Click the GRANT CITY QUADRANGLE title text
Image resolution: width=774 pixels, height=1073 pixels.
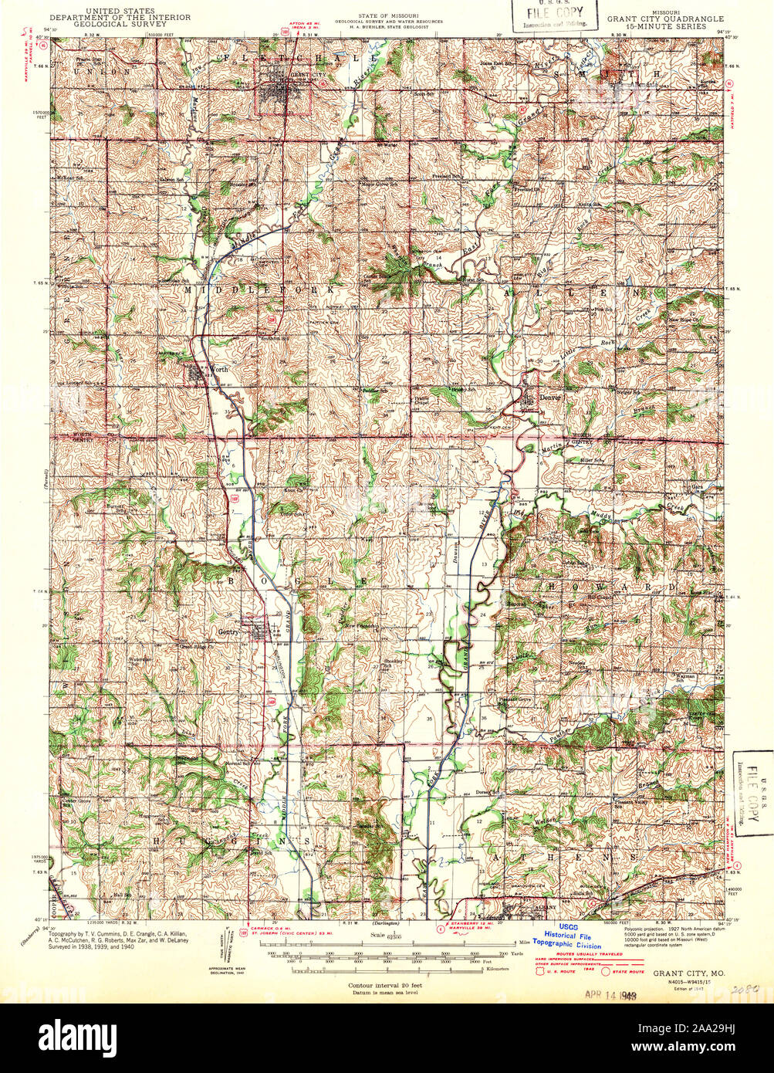(665, 19)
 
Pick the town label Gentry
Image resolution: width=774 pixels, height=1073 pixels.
(228, 631)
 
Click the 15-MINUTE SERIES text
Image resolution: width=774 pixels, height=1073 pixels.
(665, 26)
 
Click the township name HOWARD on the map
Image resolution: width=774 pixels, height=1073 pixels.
(610, 587)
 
